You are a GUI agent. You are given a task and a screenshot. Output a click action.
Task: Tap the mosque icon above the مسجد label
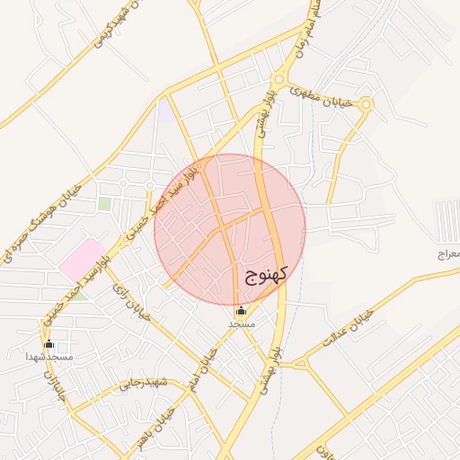point(240,312)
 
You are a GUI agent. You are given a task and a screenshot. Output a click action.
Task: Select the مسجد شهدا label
point(49,357)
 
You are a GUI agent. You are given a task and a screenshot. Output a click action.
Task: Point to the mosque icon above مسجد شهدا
point(49,344)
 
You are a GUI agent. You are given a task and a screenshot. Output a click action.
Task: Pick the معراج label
point(447,255)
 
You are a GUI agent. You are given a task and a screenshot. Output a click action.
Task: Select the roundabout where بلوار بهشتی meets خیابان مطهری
point(280,82)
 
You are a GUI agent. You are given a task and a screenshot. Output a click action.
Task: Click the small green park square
point(105,204)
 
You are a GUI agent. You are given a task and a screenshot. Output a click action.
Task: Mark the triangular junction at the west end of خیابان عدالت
point(301,363)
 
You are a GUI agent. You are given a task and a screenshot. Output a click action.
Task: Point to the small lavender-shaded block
point(166,112)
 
